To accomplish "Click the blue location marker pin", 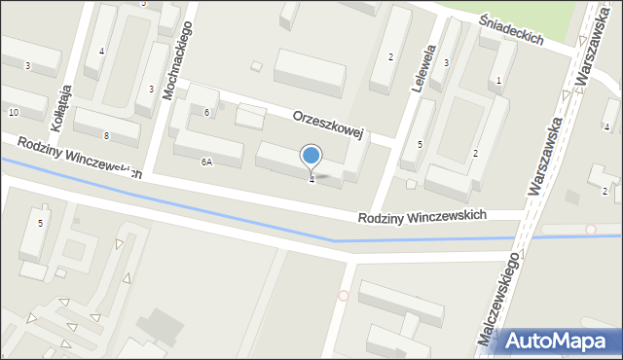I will tap(311, 156).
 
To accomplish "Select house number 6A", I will tap(206, 162).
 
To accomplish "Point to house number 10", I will tap(13, 113).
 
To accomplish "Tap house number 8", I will tap(106, 135).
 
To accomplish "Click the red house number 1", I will tap(499, 81).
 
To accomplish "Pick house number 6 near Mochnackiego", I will tap(206, 112).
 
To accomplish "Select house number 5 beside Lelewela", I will tap(421, 145).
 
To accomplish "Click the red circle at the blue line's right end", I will tap(591, 230).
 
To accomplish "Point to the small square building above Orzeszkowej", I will tap(256, 66).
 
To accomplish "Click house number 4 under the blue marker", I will tap(311, 179).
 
